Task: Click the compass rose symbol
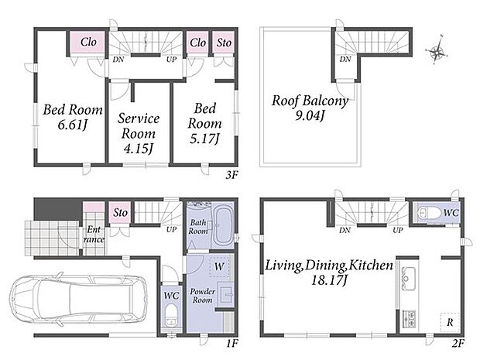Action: [437, 51]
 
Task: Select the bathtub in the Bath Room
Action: [222, 226]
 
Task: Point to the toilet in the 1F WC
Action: [171, 316]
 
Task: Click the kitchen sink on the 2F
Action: [408, 279]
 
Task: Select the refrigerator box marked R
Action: [450, 322]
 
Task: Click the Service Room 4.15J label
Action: [139, 133]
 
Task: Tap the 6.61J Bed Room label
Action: [73, 117]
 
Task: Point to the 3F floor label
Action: [231, 175]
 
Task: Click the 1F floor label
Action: [231, 344]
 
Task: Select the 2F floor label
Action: [458, 344]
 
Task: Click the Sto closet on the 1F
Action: [120, 212]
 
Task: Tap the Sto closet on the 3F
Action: [224, 43]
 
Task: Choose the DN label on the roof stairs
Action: [345, 59]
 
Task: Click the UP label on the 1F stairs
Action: [171, 229]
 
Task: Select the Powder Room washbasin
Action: [227, 294]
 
